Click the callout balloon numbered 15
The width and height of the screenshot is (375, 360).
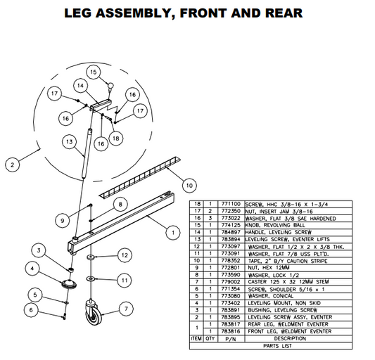click(92, 72)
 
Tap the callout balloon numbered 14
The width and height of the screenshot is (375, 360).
click(81, 86)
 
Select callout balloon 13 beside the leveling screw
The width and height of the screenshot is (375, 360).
click(68, 141)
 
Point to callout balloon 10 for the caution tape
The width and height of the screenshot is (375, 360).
click(189, 185)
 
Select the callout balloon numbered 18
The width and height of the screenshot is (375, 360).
click(115, 139)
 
